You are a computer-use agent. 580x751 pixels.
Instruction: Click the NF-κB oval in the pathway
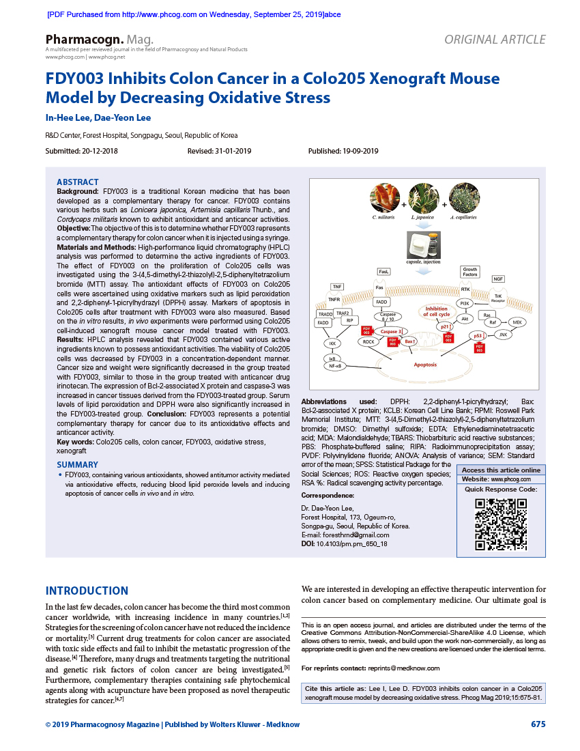click(x=335, y=366)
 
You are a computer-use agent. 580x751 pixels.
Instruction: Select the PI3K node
click(x=465, y=302)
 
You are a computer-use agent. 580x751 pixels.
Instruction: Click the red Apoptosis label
click(x=425, y=365)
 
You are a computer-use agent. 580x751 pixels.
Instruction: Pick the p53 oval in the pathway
click(x=479, y=336)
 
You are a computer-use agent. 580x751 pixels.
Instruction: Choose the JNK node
click(x=504, y=334)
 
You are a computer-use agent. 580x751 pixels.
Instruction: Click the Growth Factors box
click(x=469, y=272)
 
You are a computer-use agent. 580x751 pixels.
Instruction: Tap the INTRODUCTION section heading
click(x=87, y=591)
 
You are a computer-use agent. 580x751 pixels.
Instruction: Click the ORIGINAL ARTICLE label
click(x=495, y=40)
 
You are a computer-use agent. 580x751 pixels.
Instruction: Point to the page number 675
click(x=538, y=724)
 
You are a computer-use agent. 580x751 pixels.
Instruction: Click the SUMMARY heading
click(x=77, y=465)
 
